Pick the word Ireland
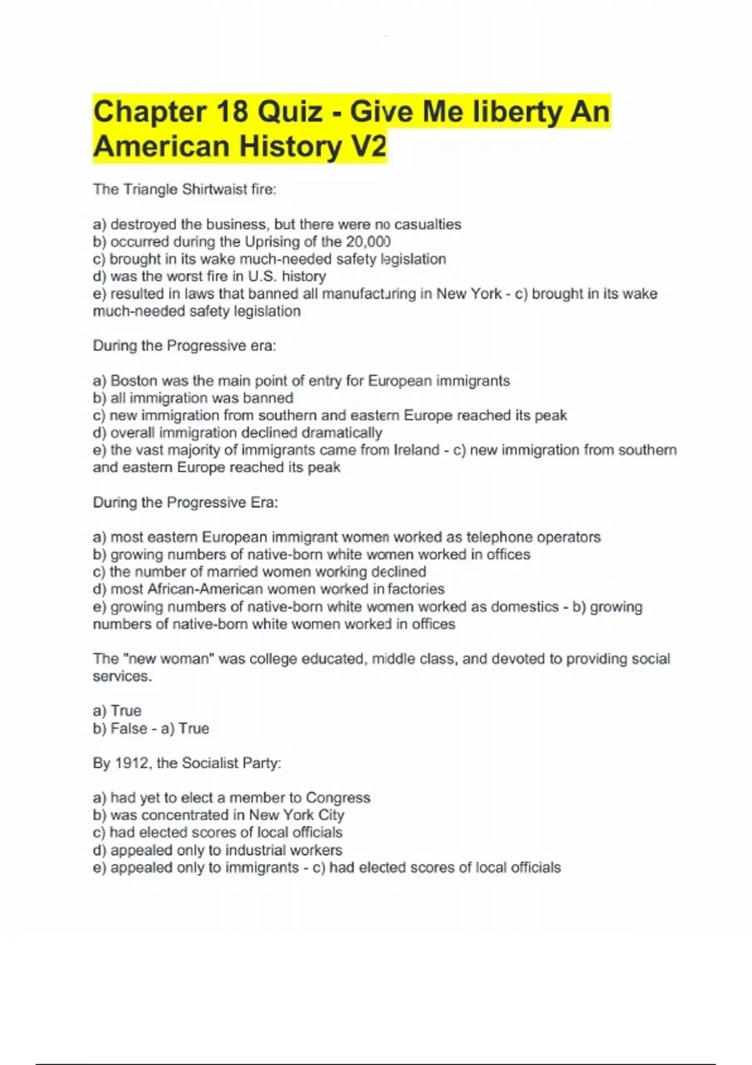(x=417, y=450)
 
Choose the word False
(x=128, y=729)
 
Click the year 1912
(x=132, y=763)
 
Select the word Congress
(x=338, y=797)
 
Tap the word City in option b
(x=331, y=815)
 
